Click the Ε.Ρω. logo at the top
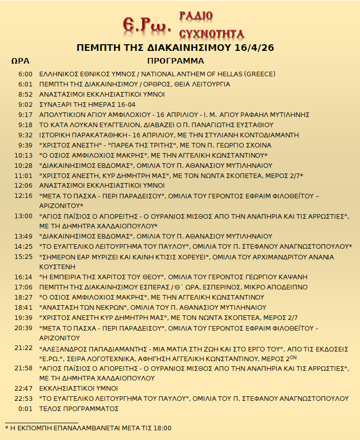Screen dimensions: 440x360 (x=147, y=23)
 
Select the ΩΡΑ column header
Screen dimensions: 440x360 (x=20, y=61)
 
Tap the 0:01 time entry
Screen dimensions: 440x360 (x=25, y=408)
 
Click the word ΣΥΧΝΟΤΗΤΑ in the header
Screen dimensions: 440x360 (x=211, y=34)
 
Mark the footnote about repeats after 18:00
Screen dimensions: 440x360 (x=88, y=428)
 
